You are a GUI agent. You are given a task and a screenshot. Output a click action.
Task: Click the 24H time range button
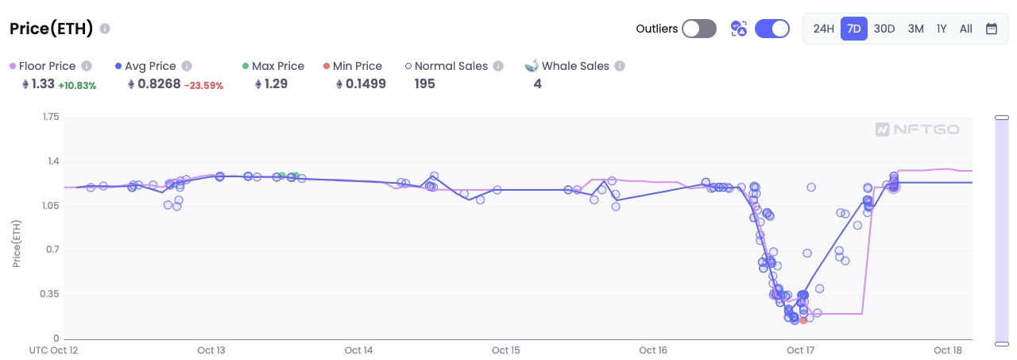coord(823,29)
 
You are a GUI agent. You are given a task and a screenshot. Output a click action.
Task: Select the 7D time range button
coord(854,29)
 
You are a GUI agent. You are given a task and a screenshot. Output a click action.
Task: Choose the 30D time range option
coord(884,29)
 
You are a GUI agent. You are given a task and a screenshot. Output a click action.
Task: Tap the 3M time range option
coord(915,29)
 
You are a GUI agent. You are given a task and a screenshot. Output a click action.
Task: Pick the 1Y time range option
coord(942,29)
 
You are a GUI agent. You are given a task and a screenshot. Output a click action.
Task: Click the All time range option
coord(965,29)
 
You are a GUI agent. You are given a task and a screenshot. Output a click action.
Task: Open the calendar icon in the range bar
coord(992,29)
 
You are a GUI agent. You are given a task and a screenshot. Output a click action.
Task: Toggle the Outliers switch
coord(699,29)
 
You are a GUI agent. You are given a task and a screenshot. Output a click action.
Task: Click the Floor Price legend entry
coord(47,66)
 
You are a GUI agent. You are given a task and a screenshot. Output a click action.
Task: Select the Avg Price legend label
coord(150,66)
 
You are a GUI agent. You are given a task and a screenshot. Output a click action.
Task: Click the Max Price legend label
coord(277,66)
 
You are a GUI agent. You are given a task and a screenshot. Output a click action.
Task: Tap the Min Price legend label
coord(358,66)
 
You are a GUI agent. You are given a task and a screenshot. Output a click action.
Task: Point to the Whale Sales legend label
coord(575,66)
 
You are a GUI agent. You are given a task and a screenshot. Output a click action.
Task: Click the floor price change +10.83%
coord(77,85)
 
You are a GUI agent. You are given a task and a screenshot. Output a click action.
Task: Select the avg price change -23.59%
coord(203,85)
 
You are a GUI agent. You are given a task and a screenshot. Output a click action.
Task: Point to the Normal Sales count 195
coord(425,83)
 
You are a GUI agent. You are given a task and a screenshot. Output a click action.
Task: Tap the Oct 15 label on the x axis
coord(506,350)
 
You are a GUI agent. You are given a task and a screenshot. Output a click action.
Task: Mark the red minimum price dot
coord(803,320)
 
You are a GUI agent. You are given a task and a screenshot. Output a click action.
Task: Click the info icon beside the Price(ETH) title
coord(105,29)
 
